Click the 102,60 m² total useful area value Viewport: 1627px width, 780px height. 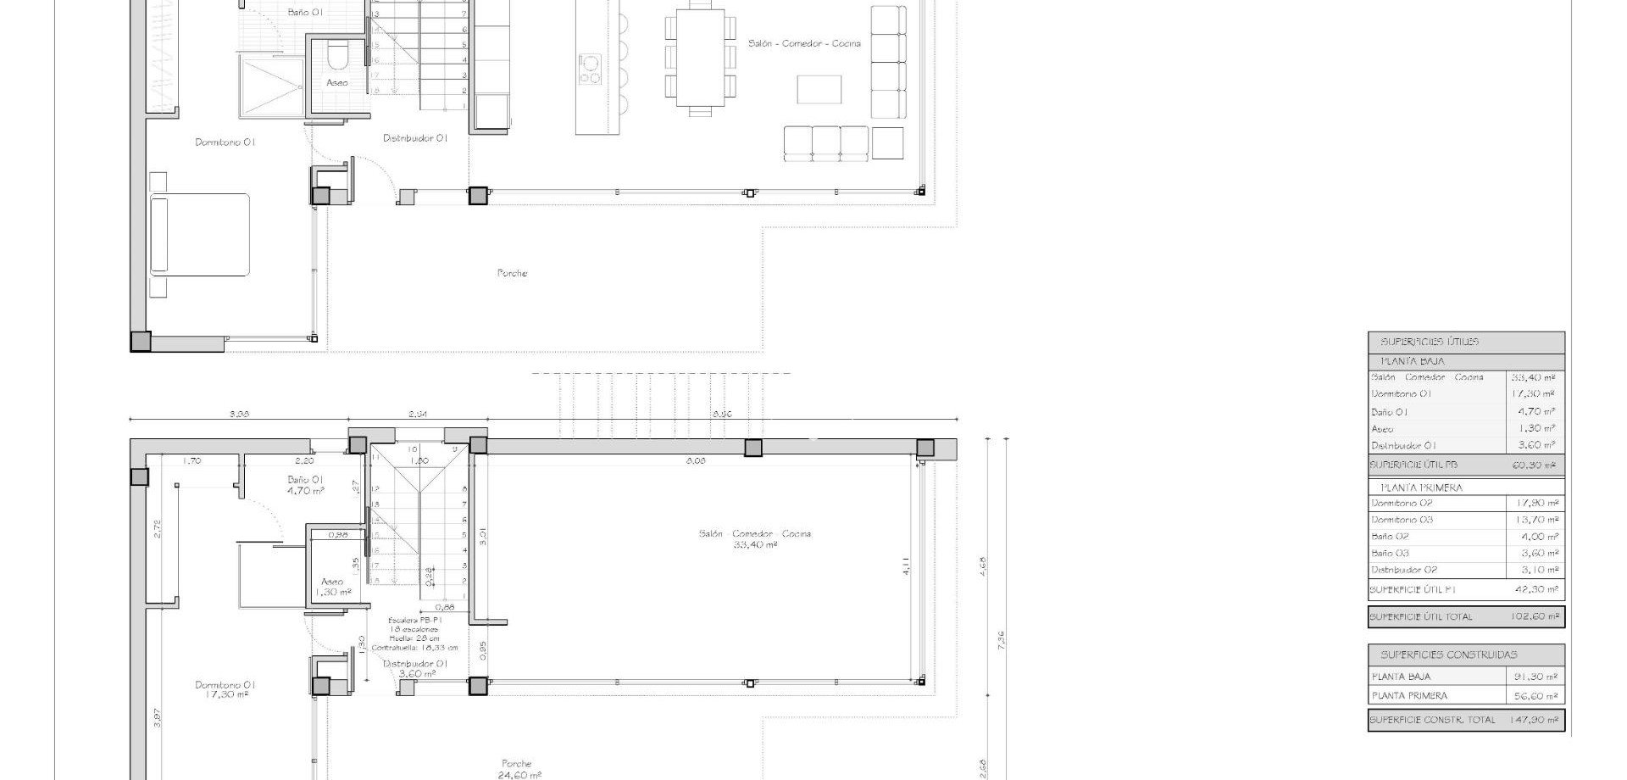pyautogui.click(x=1535, y=616)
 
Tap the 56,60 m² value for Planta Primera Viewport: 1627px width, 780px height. pyautogui.click(x=1535, y=695)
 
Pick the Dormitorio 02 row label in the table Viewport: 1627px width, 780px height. pyautogui.click(x=1402, y=503)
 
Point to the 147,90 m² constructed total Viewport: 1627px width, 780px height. pyautogui.click(x=1533, y=720)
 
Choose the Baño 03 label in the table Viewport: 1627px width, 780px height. pyautogui.click(x=1390, y=553)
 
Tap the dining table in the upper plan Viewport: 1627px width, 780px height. pyautogui.click(x=700, y=58)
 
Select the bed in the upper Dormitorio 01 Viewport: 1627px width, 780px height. pyautogui.click(x=200, y=235)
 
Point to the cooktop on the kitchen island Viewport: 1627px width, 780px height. pyautogui.click(x=590, y=69)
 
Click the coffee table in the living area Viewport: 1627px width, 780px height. pyautogui.click(x=819, y=89)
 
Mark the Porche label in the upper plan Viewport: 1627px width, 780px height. pyautogui.click(x=512, y=273)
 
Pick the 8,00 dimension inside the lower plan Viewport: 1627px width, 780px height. pyautogui.click(x=695, y=460)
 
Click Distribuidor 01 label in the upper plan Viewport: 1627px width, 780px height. pyautogui.click(x=415, y=137)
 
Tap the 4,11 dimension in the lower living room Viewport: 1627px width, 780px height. pyautogui.click(x=906, y=565)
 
